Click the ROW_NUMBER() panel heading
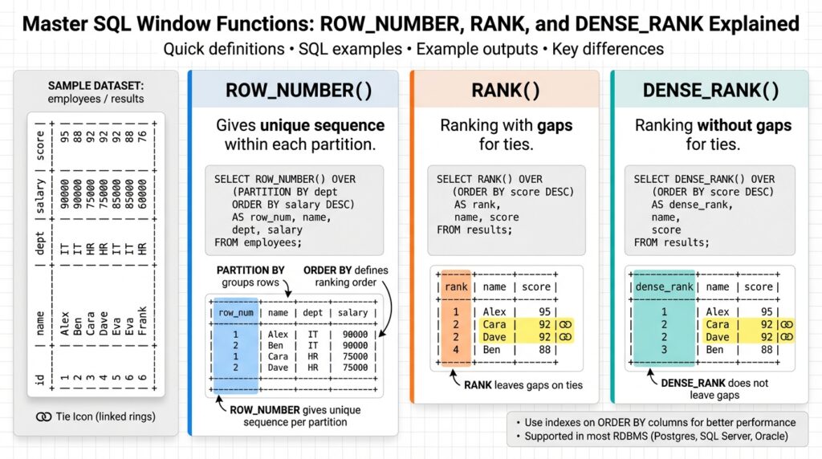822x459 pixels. pos(299,90)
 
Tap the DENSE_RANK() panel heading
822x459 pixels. pos(710,90)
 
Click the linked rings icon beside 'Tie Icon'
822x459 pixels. pos(45,416)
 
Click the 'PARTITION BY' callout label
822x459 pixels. pos(250,270)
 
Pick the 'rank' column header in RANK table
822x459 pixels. pos(455,286)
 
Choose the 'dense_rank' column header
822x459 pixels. pos(663,286)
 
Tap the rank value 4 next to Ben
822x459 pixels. pos(455,350)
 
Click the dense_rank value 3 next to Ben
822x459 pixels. pos(663,350)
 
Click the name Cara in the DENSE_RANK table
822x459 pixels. pos(717,324)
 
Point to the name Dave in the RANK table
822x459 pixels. pos(494,337)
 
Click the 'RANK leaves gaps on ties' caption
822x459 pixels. pos(523,385)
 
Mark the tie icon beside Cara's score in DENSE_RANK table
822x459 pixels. pos(787,324)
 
